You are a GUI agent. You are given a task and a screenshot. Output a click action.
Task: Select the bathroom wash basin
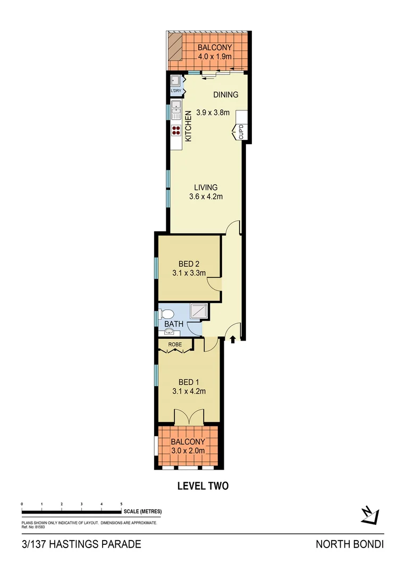[x=168, y=332]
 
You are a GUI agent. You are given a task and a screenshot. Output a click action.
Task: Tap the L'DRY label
[x=176, y=91]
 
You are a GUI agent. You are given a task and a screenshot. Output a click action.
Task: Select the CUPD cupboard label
[x=241, y=132]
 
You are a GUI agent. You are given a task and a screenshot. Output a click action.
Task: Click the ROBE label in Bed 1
[x=175, y=345]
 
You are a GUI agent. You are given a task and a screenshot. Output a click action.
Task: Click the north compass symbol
[x=369, y=514]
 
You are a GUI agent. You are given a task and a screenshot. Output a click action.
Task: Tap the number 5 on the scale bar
[x=122, y=503]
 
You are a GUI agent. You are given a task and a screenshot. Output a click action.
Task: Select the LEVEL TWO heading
[x=202, y=485]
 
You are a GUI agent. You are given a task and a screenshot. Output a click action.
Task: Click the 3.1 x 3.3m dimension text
[x=189, y=274]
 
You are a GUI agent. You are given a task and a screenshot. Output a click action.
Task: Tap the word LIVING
[x=206, y=187]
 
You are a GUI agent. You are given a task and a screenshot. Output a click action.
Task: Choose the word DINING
[x=226, y=95]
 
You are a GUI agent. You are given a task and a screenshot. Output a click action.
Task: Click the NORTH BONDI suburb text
[x=350, y=544]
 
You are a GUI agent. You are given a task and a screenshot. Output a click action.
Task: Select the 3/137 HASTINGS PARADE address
[x=81, y=544]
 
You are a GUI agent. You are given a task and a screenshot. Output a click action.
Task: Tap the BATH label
[x=173, y=324]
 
